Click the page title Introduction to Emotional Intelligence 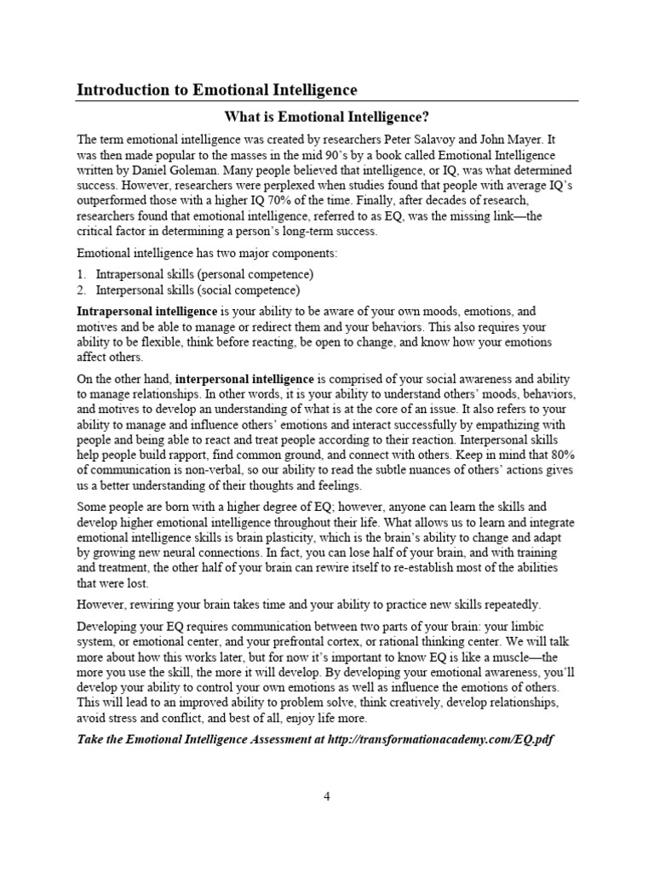coord(217,89)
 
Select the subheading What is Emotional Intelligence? coord(326,116)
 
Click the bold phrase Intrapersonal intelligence coord(147,312)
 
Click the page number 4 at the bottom coord(326,797)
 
